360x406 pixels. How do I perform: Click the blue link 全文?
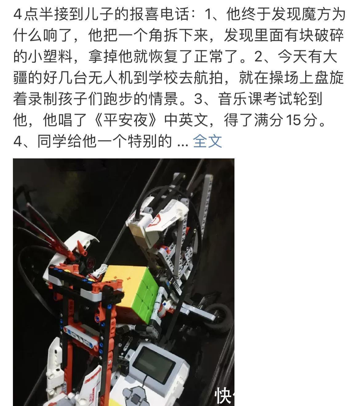207,141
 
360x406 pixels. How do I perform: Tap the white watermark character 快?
223,395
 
